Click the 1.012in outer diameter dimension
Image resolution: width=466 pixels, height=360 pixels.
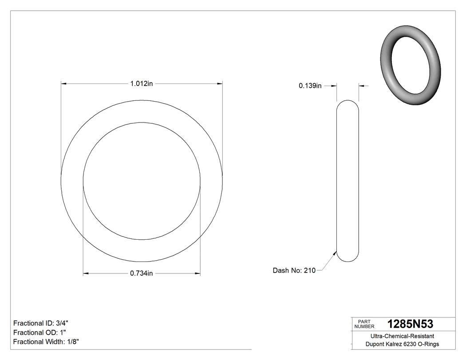click(141, 83)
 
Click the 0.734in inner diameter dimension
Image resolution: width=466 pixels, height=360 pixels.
click(141, 273)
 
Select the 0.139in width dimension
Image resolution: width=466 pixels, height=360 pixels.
click(310, 86)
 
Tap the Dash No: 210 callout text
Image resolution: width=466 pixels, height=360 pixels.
click(294, 270)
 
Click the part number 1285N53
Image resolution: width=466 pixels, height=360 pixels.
click(410, 324)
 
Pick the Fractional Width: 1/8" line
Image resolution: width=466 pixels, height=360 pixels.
click(46, 342)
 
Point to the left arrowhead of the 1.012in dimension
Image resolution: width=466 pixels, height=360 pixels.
click(63, 83)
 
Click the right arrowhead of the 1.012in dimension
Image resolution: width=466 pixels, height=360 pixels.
click(219, 83)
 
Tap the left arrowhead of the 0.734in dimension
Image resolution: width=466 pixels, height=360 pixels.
click(86, 273)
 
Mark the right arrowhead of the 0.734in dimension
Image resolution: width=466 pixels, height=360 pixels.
click(197, 273)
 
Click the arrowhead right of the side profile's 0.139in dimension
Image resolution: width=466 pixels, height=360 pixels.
click(361, 86)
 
